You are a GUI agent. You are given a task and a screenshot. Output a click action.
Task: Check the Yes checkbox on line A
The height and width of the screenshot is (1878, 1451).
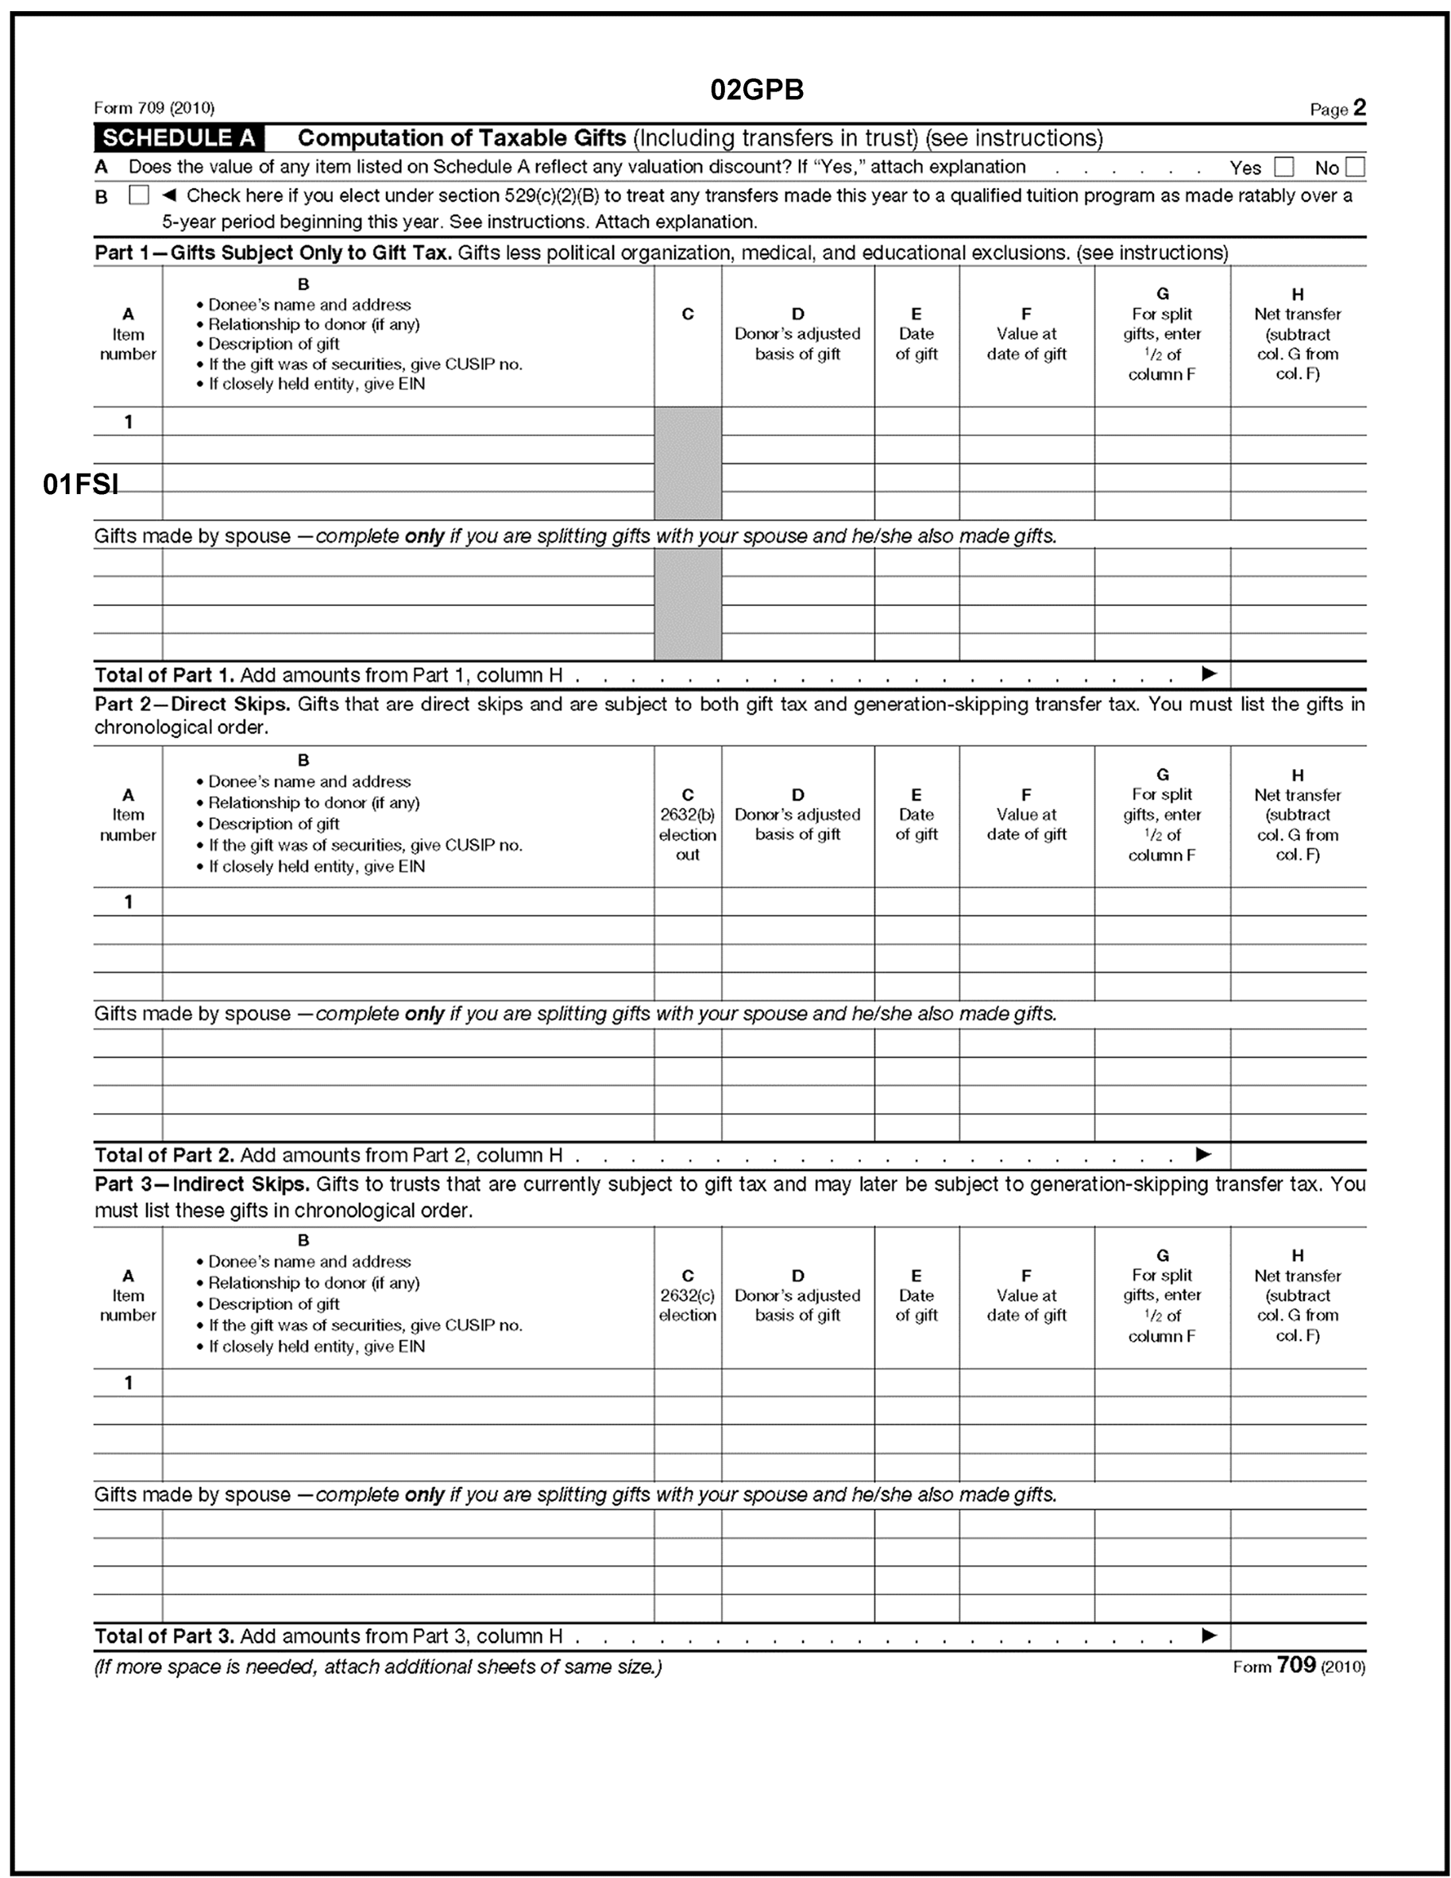tap(1283, 167)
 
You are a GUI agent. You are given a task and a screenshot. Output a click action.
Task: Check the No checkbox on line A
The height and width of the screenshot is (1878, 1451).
tap(1356, 167)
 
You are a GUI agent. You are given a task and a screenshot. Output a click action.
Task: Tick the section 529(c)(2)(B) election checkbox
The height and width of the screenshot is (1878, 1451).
tap(138, 195)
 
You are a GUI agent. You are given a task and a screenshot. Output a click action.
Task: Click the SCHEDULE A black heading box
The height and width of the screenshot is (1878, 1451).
tap(179, 138)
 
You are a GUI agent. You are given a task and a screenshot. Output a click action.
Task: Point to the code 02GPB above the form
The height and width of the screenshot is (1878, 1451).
tap(756, 90)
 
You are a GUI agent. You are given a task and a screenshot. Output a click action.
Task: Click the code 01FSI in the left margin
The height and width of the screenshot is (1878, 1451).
tap(81, 485)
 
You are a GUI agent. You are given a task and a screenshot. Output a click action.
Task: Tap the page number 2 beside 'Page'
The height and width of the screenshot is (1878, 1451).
tap(1359, 107)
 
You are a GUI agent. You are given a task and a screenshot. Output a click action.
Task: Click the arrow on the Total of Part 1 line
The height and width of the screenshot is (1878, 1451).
tap(1209, 674)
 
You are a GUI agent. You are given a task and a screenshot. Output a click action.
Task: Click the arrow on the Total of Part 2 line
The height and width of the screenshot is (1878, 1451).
tap(1203, 1154)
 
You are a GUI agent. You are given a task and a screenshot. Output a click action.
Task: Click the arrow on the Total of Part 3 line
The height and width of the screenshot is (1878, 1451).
tap(1209, 1635)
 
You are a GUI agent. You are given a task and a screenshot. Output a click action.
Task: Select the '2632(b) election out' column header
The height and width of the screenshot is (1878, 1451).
tap(688, 824)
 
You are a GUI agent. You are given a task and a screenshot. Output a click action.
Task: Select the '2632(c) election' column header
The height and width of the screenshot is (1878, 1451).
tap(688, 1296)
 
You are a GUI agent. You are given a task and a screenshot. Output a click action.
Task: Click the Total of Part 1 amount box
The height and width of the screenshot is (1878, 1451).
tap(1298, 674)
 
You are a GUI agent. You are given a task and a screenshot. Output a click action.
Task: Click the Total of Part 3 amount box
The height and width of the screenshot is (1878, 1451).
tap(1298, 1636)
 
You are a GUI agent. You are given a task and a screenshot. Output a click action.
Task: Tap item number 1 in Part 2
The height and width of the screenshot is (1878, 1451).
tap(128, 902)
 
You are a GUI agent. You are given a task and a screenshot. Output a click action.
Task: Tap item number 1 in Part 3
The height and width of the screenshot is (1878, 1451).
tap(128, 1383)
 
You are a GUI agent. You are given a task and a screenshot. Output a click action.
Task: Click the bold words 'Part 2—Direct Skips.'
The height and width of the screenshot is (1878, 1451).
tap(192, 704)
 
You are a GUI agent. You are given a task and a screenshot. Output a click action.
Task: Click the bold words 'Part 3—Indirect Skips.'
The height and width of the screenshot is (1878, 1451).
tap(202, 1184)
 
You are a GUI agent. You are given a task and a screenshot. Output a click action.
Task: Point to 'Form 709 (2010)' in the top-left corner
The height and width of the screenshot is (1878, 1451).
tap(154, 108)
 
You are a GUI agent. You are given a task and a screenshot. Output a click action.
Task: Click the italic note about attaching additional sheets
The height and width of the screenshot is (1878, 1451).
tap(378, 1667)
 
